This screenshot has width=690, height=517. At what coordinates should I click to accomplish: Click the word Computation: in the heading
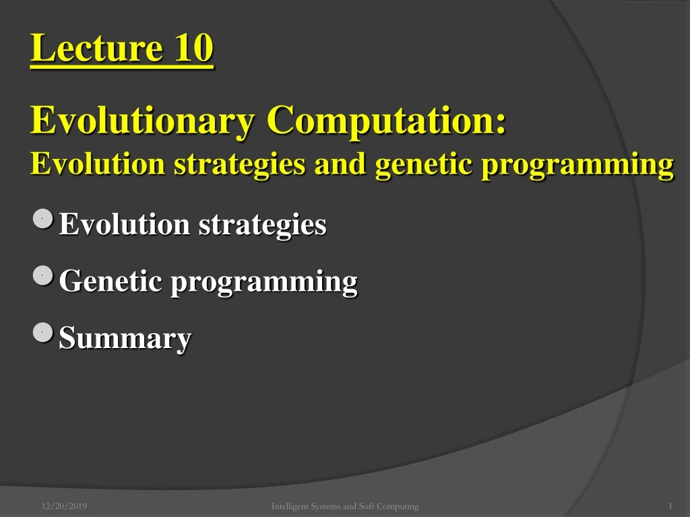pyautogui.click(x=386, y=121)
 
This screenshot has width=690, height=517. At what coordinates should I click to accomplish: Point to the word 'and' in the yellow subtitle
pyautogui.click(x=340, y=164)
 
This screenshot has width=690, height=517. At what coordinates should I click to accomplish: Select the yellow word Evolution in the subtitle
pyautogui.click(x=98, y=164)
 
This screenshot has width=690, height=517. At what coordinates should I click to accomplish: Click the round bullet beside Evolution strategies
pyautogui.click(x=42, y=219)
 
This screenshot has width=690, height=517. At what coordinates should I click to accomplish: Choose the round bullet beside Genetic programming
pyautogui.click(x=42, y=275)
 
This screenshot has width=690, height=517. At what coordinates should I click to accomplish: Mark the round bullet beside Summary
pyautogui.click(x=42, y=332)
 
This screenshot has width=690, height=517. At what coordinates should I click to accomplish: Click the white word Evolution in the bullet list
pyautogui.click(x=125, y=224)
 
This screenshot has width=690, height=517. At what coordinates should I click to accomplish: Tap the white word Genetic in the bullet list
pyautogui.click(x=111, y=281)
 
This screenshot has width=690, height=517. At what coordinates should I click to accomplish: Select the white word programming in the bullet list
pyautogui.click(x=264, y=282)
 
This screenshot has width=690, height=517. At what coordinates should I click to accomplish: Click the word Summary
pyautogui.click(x=125, y=339)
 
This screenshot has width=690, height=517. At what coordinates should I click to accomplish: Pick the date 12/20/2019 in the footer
pyautogui.click(x=64, y=506)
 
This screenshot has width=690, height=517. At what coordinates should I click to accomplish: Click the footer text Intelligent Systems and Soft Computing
pyautogui.click(x=345, y=506)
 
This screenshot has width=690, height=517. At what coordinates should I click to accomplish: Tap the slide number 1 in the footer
pyautogui.click(x=670, y=506)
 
